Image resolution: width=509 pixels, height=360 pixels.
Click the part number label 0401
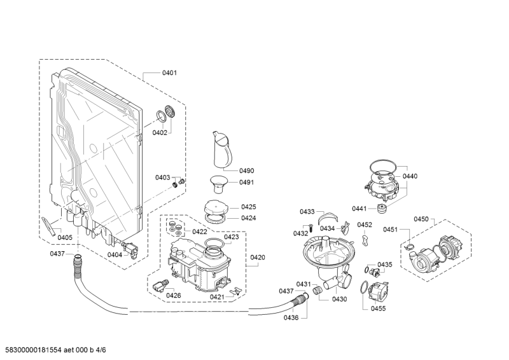[169, 73]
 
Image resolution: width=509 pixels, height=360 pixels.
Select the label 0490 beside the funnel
[246, 170]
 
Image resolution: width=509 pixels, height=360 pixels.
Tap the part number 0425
[248, 207]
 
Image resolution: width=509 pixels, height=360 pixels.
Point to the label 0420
[258, 257]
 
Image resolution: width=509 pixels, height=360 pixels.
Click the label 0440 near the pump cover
[410, 176]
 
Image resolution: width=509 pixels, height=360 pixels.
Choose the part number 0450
[421, 219]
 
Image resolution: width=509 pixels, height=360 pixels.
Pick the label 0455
[379, 308]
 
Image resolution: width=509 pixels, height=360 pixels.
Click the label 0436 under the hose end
[292, 318]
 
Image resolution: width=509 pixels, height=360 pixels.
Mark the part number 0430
[339, 299]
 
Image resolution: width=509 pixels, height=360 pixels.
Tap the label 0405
[65, 238]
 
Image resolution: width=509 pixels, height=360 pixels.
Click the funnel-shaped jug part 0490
[221, 153]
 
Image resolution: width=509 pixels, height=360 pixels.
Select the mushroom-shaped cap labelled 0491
[219, 183]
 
